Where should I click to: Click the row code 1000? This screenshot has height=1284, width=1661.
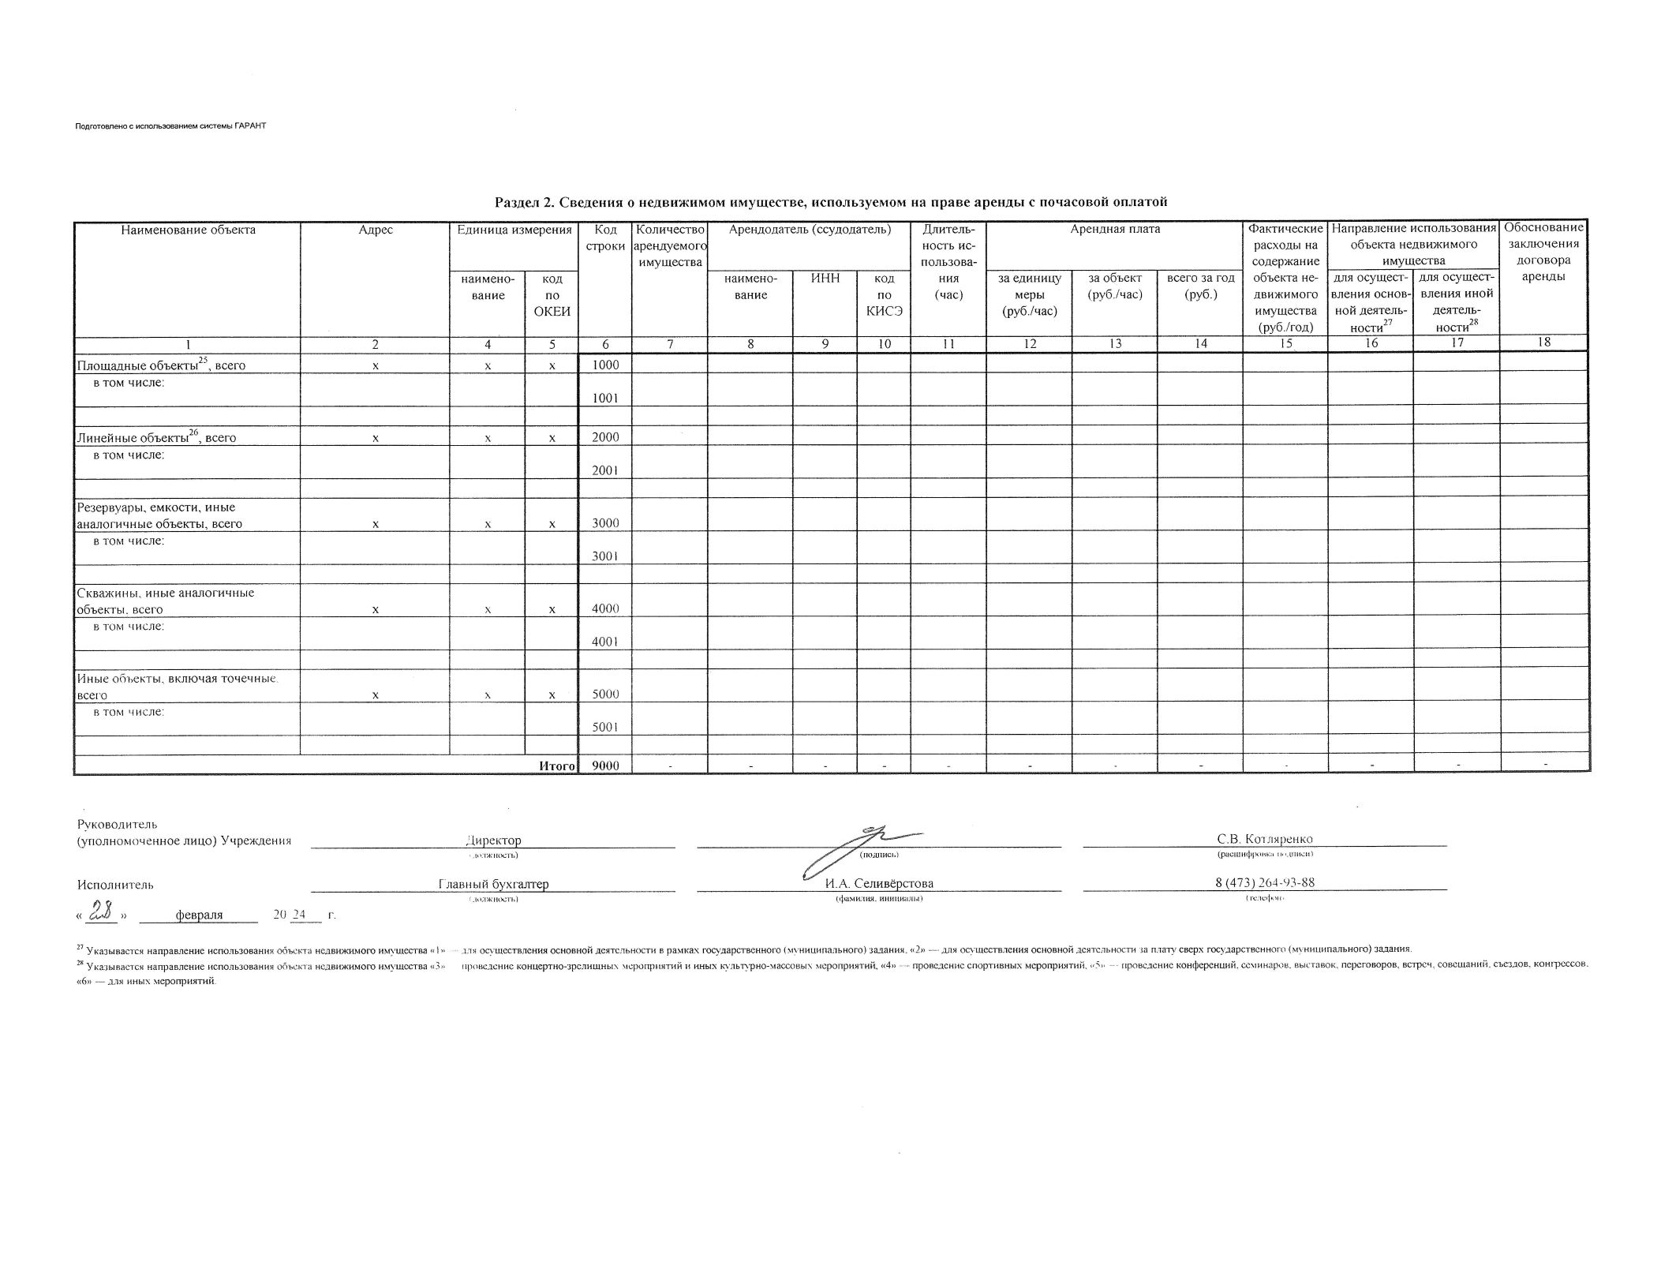point(605,365)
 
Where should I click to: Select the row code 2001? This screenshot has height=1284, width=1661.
point(605,470)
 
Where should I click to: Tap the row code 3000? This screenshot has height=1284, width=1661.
point(605,523)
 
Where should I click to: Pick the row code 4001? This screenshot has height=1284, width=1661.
point(605,642)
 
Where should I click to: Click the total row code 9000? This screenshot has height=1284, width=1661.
point(605,766)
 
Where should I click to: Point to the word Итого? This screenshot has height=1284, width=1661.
point(556,766)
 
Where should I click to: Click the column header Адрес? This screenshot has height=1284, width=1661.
point(375,230)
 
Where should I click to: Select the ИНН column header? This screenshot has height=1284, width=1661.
point(825,279)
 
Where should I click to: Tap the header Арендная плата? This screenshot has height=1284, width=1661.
point(1114,230)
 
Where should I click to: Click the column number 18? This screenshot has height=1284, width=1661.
point(1544,343)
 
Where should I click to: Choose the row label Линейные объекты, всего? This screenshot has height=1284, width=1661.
point(156,437)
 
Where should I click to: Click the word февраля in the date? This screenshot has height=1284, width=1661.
point(199,915)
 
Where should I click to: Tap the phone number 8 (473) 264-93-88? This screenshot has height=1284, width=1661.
point(1265,882)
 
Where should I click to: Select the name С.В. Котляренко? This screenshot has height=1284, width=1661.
point(1265,839)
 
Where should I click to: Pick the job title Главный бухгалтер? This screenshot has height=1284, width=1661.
point(493,884)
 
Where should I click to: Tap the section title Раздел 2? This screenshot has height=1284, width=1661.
point(830,202)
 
